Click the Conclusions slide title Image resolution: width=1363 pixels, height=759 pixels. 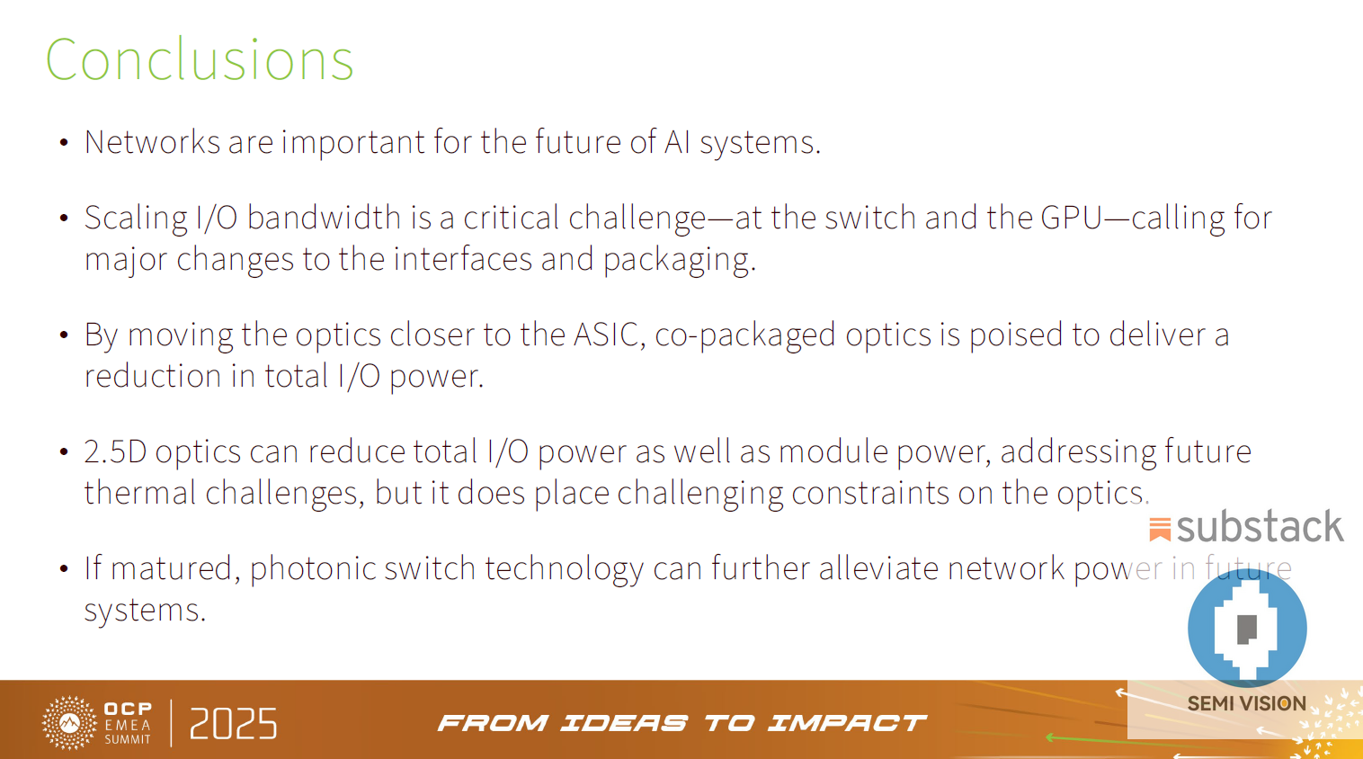click(200, 60)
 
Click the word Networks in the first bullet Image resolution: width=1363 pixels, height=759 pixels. click(152, 142)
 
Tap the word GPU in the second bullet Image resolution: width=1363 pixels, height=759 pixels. click(1072, 218)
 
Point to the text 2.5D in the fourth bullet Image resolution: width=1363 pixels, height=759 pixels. click(115, 451)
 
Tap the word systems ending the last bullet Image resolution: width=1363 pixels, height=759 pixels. click(144, 610)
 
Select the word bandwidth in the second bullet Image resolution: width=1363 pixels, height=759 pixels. click(324, 218)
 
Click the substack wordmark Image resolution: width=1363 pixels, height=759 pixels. click(1260, 527)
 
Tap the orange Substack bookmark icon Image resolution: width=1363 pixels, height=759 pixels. click(1160, 529)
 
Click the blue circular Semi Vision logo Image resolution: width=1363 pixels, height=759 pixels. click(1247, 628)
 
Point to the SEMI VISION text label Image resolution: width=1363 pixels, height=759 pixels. click(1246, 703)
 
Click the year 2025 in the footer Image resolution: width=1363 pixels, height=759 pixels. click(234, 724)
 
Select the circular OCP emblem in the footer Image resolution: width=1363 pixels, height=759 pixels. click(69, 722)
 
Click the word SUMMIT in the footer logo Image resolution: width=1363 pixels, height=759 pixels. click(128, 739)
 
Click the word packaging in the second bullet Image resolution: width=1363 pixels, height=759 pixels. click(678, 259)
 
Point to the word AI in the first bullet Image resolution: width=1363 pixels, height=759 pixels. click(677, 142)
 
